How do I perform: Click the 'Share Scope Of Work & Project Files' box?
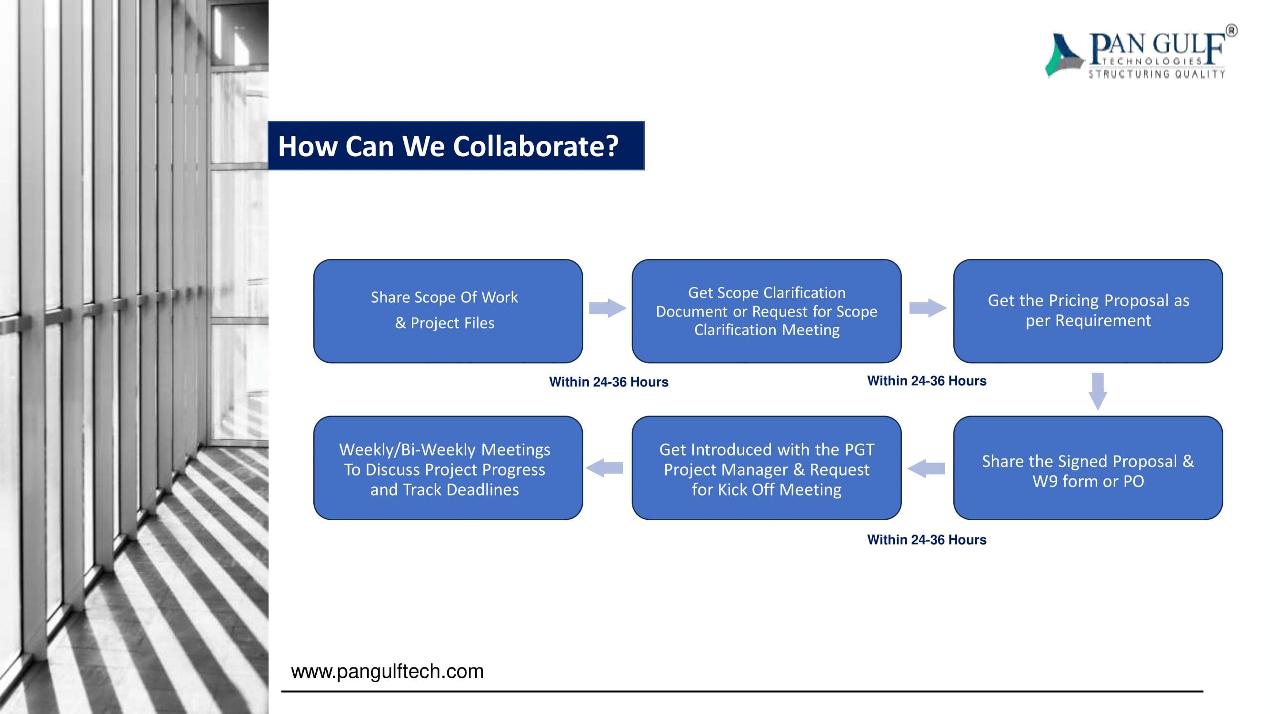tap(448, 311)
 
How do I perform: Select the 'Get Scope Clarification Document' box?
tap(766, 311)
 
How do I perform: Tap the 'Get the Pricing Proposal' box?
tap(1088, 311)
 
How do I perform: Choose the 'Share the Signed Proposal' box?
tap(1088, 467)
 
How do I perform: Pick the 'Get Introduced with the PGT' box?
tap(766, 467)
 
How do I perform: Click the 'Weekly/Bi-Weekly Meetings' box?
tap(448, 467)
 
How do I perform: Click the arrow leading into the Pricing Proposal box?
tap(927, 308)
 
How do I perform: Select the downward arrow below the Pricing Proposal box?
tap(1098, 391)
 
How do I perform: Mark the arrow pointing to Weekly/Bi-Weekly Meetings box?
tap(604, 468)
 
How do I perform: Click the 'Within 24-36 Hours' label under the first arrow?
tap(609, 382)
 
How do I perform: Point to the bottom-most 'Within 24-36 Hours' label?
tap(926, 540)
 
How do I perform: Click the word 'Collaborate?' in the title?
tap(535, 146)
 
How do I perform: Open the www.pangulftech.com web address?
tap(387, 671)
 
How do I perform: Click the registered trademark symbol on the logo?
tap(1230, 31)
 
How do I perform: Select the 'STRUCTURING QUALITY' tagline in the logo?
tap(1157, 74)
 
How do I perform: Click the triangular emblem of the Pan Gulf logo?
tap(1063, 56)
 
